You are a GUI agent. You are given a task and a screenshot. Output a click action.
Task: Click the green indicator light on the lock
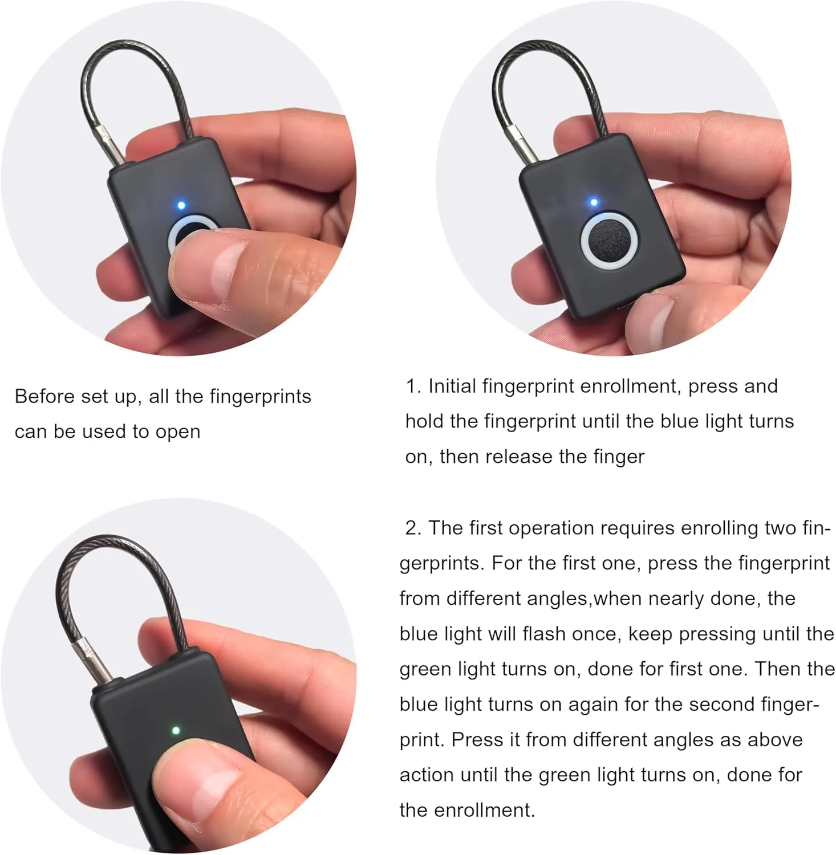click(x=176, y=730)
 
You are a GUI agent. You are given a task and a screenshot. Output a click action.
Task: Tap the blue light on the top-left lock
click(x=181, y=205)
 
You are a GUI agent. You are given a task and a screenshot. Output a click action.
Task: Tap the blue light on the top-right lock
click(x=594, y=202)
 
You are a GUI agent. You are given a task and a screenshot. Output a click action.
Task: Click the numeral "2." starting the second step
click(x=413, y=528)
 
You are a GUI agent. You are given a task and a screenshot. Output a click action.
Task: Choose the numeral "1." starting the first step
click(x=413, y=386)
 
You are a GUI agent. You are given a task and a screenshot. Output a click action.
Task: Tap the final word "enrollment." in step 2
click(x=467, y=810)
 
